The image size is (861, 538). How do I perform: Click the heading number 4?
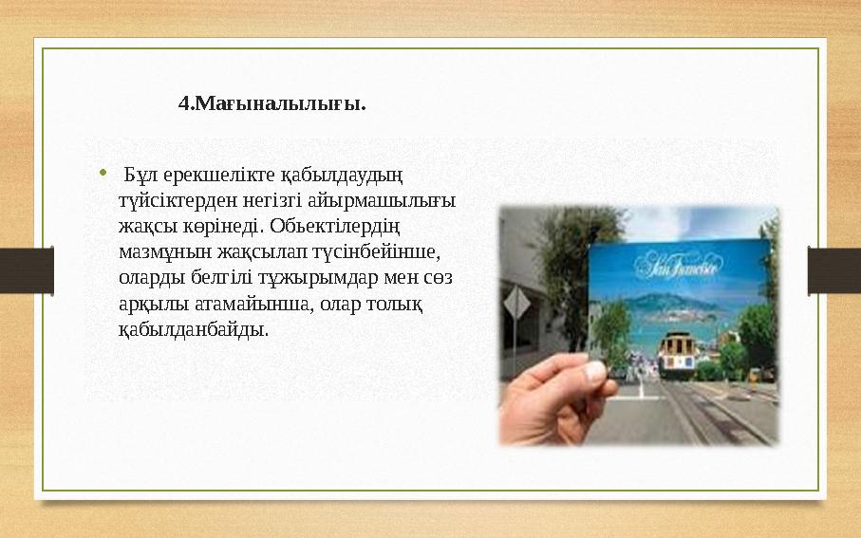pyautogui.click(x=184, y=102)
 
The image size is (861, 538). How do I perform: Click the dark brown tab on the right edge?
pyautogui.click(x=834, y=269)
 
